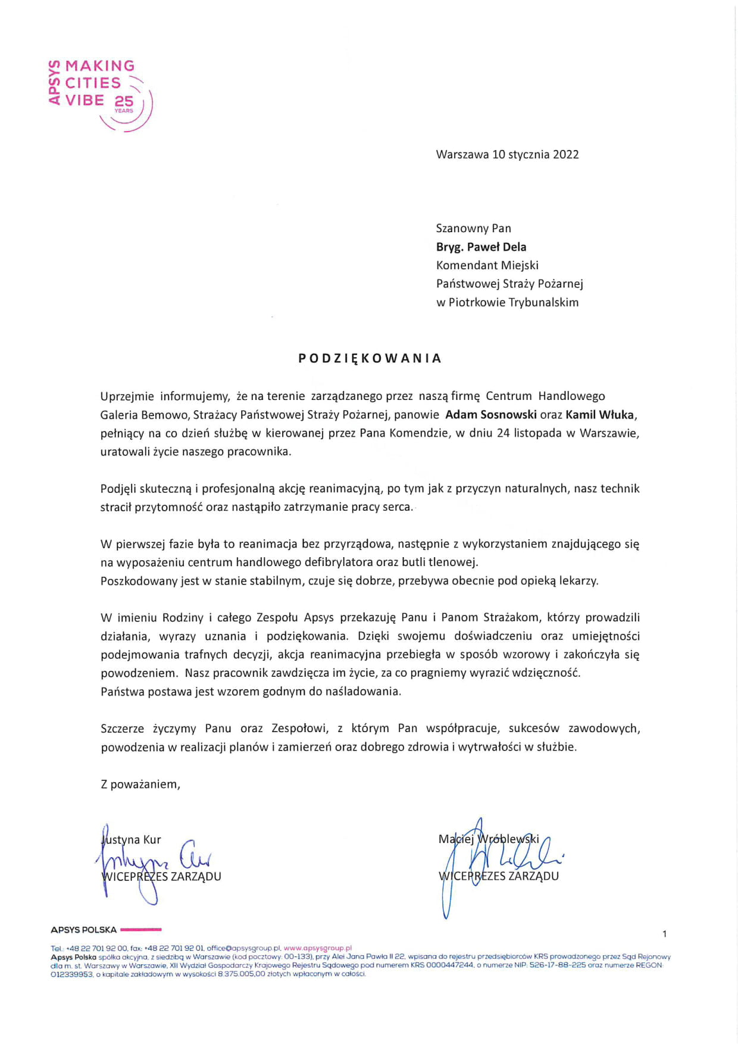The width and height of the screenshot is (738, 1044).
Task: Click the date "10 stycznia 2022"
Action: (536, 155)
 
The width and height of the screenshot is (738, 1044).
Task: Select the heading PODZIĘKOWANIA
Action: (370, 358)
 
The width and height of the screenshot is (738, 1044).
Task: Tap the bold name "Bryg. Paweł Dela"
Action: (481, 247)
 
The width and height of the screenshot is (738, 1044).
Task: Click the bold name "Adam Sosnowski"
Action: (491, 415)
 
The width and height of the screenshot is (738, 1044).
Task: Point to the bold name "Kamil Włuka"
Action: (599, 415)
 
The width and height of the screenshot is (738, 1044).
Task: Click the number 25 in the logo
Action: (124, 102)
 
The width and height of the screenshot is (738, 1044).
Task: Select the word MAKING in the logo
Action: (100, 66)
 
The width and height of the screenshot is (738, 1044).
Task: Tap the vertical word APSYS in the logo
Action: (55, 83)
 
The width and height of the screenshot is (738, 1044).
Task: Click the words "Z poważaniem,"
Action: (140, 784)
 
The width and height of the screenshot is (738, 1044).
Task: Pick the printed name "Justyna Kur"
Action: (132, 840)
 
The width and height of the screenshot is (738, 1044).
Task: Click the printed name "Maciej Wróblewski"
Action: (489, 839)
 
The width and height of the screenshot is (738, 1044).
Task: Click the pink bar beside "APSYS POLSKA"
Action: (140, 929)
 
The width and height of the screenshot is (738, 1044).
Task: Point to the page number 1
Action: (665, 934)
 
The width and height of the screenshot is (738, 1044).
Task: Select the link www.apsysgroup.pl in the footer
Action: (318, 948)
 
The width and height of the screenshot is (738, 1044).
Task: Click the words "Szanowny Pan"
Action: (473, 229)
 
